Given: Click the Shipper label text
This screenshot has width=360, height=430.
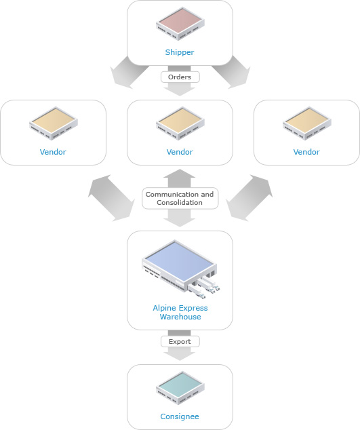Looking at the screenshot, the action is tap(180, 52).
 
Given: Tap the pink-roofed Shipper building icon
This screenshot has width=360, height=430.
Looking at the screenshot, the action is tap(180, 24).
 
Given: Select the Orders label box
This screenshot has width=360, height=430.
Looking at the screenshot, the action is tap(180, 77).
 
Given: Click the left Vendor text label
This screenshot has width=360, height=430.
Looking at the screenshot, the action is tap(53, 152).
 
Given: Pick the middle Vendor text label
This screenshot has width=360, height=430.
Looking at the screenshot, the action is tap(180, 152).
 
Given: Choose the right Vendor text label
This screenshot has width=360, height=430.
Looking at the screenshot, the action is tap(306, 152).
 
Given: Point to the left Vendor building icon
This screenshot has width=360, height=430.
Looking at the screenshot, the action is tap(54, 123).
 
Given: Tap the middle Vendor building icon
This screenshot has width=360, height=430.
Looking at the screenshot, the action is tap(180, 123).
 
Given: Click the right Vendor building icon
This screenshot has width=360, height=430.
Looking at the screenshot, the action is tap(307, 123).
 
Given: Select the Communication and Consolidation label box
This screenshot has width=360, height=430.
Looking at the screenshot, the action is tap(180, 198).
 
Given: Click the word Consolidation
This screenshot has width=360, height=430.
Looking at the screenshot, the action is tap(180, 202).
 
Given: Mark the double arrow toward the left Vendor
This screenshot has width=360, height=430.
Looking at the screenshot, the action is tap(111, 198).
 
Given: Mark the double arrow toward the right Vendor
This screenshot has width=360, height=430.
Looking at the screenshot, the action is tap(249, 198).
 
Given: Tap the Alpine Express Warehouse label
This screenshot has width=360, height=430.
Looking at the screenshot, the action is tap(180, 313).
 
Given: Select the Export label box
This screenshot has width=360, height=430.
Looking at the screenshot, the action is tap(180, 341).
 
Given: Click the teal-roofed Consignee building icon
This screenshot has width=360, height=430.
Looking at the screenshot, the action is tap(180, 388).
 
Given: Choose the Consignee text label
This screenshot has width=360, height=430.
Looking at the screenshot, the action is tap(180, 416).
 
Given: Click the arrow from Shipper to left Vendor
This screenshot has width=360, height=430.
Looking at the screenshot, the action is tap(128, 73).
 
